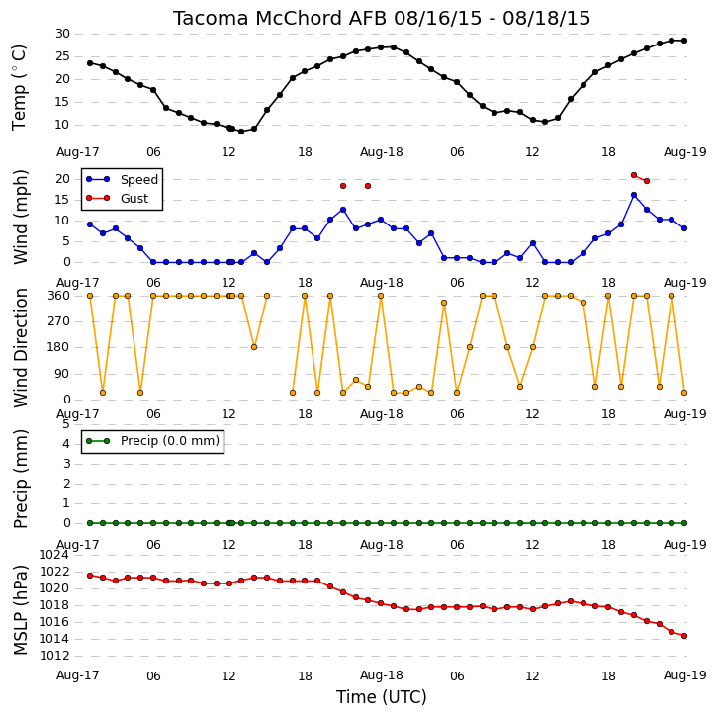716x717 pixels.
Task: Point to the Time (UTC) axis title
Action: click(382, 697)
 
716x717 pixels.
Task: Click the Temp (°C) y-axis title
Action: click(19, 88)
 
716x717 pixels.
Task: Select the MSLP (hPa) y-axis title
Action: click(20, 610)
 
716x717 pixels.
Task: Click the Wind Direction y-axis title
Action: click(20, 348)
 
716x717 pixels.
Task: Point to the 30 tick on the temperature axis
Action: click(62, 34)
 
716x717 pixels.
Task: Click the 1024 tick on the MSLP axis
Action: click(54, 555)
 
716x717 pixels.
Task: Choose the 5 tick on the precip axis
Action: click(66, 424)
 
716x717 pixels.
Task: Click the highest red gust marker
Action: click(634, 175)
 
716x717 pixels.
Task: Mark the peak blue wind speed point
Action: click(634, 195)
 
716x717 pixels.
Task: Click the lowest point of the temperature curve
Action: click(241, 132)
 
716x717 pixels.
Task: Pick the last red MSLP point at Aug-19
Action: click(684, 636)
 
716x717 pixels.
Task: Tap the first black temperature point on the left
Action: click(90, 63)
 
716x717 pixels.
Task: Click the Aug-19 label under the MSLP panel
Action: click(685, 674)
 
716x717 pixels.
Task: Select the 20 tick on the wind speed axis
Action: click(62, 179)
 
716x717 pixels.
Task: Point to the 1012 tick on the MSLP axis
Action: click(54, 656)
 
